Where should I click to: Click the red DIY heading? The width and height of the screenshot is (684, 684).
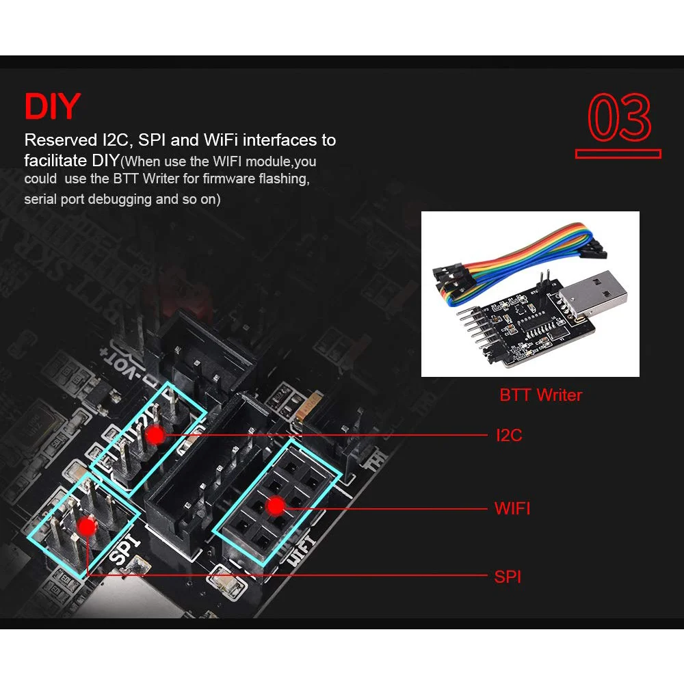click(52, 107)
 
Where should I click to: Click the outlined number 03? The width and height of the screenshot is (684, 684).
click(620, 118)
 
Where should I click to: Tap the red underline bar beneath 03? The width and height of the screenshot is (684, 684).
click(618, 154)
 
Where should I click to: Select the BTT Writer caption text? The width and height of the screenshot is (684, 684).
click(540, 395)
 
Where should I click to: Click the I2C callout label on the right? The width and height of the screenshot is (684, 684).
click(509, 435)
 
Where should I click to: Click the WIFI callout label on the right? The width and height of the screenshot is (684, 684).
click(512, 508)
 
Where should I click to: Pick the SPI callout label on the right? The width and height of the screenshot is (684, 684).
click(508, 577)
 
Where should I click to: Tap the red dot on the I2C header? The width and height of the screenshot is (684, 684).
click(155, 434)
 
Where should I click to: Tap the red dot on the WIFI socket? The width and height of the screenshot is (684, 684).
click(275, 506)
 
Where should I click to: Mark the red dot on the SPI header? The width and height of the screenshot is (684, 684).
click(86, 526)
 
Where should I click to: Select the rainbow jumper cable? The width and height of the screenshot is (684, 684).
click(520, 260)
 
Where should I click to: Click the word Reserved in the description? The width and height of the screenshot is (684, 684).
click(58, 140)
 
